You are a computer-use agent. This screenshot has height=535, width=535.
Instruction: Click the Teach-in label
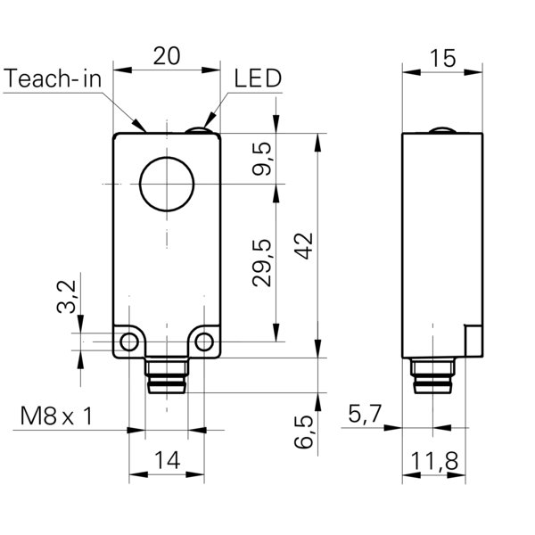click(54, 78)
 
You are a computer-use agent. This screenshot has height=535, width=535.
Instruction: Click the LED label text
click(258, 78)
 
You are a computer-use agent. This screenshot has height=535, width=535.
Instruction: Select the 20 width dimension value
click(166, 55)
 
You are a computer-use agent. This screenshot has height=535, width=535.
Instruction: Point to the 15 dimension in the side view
click(442, 58)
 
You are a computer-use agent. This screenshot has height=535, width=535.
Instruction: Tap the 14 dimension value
click(167, 461)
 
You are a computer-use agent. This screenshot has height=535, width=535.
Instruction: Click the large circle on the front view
click(166, 185)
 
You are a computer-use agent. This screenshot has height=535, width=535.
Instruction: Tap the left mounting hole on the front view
click(130, 342)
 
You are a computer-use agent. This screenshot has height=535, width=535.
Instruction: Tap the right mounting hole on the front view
click(205, 342)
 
